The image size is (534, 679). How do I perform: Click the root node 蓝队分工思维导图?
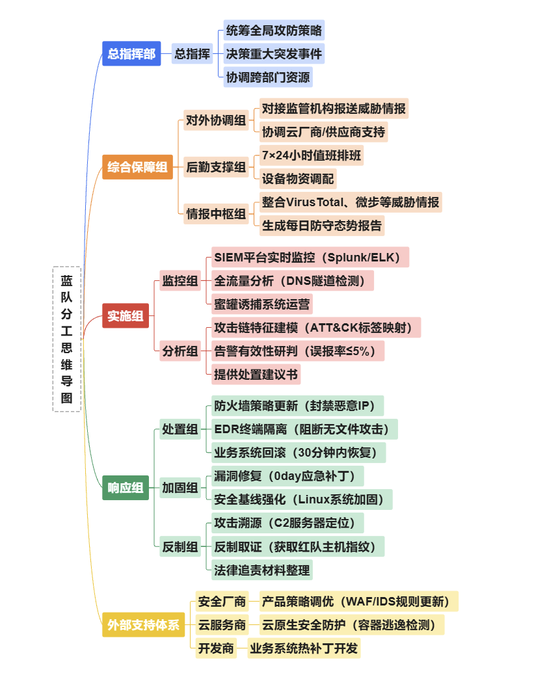[67, 339]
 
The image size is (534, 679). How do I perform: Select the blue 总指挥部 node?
[131, 54]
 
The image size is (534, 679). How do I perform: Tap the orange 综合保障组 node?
[137, 167]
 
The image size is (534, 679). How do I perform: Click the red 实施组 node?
[126, 317]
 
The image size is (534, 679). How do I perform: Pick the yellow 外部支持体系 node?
[144, 625]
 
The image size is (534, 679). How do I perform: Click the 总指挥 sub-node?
[193, 54]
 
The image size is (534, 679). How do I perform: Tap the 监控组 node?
[180, 281]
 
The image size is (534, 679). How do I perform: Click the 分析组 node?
[180, 351]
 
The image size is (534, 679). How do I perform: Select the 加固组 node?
[180, 488]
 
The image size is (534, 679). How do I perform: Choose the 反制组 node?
[180, 547]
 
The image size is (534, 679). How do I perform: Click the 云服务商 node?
[222, 625]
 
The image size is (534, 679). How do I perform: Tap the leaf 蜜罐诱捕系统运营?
[263, 304]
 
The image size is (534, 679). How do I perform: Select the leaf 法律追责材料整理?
[262, 570]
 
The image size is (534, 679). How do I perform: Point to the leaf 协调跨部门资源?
[268, 77]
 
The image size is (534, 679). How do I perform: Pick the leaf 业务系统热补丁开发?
[304, 648]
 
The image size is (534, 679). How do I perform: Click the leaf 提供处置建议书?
[256, 374]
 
